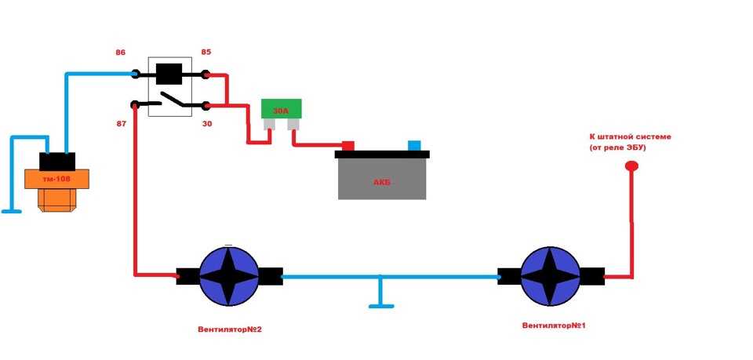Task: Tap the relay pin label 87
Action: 120,123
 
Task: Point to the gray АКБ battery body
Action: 383,180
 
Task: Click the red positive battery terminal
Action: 347,145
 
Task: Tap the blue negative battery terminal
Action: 414,145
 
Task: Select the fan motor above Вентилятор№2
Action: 229,277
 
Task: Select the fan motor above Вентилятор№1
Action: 551,277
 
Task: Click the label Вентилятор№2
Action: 229,329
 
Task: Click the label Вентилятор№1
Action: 553,325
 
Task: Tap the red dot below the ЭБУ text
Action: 631,166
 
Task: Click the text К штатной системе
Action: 630,136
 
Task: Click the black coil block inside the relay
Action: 170,75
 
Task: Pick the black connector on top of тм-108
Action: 56,161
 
